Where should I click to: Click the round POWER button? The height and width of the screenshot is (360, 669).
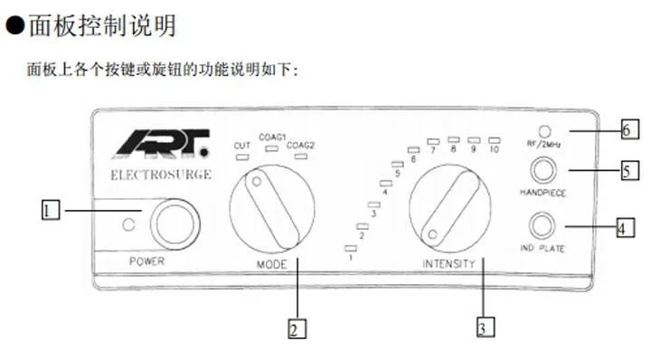174,223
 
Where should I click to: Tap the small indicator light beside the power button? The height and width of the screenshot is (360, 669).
128,224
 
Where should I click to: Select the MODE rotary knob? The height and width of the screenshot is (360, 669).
272,209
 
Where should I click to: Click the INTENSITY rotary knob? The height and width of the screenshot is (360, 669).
449,208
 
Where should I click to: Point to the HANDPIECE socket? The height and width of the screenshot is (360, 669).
543,170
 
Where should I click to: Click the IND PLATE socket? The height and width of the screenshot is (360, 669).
542,225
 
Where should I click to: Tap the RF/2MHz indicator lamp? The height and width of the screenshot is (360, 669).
544,131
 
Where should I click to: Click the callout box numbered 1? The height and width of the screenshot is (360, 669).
51,210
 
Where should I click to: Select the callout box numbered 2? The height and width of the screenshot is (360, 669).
297,328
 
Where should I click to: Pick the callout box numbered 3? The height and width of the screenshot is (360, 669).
485,327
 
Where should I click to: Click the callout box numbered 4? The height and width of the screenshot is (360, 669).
626,227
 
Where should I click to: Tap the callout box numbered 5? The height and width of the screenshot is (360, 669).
630,170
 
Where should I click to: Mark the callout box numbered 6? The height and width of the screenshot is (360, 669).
630,129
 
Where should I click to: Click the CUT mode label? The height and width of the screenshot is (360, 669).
242,146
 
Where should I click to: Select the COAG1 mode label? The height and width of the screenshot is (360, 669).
272,137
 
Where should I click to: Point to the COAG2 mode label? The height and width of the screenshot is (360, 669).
300,146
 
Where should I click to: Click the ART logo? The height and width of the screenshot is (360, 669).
162,144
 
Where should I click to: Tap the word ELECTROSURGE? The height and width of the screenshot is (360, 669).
161,175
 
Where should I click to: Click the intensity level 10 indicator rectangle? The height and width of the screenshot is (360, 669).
495,140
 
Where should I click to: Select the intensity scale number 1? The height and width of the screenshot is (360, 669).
351,258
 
